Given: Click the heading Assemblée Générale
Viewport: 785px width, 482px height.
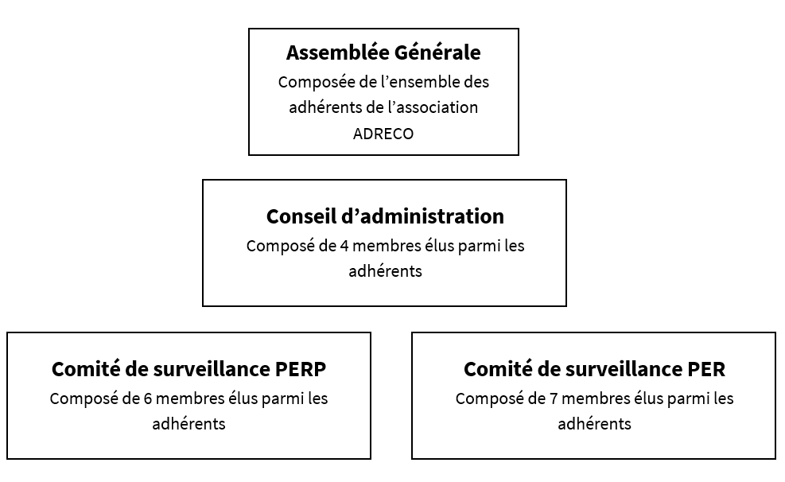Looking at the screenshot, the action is click(383, 52).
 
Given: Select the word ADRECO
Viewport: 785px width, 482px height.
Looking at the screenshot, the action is click(383, 134).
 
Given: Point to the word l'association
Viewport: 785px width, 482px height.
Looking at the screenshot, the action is click(433, 107).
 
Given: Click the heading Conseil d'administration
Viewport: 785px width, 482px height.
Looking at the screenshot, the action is click(385, 216).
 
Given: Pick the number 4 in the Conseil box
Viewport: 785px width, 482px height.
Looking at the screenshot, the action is click(344, 246).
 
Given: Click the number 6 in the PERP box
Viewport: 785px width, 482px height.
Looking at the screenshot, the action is click(148, 398).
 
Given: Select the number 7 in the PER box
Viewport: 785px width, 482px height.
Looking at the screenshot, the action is click(554, 398).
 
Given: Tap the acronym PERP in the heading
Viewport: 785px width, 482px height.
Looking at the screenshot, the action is click(301, 369).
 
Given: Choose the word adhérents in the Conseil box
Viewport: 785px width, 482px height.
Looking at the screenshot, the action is click(385, 270).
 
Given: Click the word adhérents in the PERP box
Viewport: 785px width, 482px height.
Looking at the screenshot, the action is click(188, 423).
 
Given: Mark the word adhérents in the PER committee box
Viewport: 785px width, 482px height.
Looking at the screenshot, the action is click(594, 423).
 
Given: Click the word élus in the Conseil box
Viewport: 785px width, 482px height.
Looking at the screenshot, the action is click(440, 245).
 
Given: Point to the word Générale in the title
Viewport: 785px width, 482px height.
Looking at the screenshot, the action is click(437, 52).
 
